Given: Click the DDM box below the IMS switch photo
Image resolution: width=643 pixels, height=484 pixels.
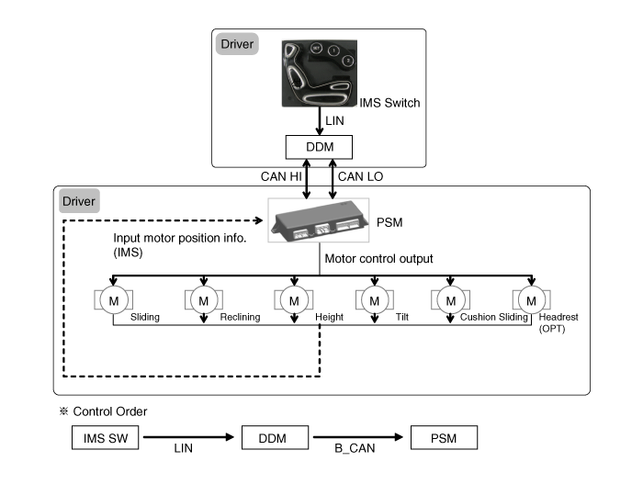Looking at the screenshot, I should coord(320,147).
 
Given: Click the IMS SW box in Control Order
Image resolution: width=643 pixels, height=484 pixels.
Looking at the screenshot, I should coord(105,438).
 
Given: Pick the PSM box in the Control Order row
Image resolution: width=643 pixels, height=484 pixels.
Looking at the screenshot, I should coord(445,438).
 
